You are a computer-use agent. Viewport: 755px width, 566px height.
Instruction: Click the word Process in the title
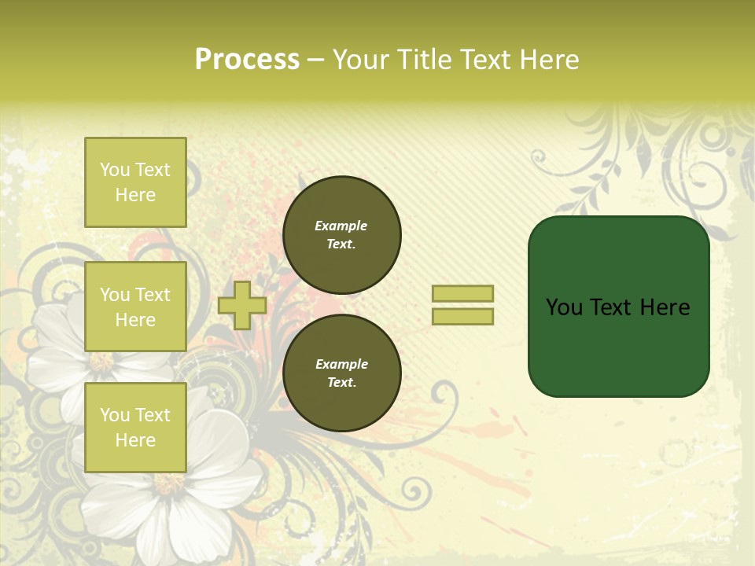click(x=247, y=60)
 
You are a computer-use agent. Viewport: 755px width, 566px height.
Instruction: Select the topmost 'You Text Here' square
click(x=135, y=182)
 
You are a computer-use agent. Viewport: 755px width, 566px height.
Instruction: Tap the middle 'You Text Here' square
click(x=135, y=307)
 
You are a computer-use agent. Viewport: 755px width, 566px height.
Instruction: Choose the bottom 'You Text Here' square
click(x=135, y=427)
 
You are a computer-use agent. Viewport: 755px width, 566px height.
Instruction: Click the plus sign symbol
click(x=241, y=305)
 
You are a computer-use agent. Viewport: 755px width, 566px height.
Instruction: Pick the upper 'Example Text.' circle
click(x=341, y=234)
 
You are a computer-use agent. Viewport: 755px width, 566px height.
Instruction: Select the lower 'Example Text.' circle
click(x=341, y=373)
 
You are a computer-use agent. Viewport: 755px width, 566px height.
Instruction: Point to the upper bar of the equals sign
click(x=462, y=293)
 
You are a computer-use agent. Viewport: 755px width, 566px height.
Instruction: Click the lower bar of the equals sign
click(x=462, y=316)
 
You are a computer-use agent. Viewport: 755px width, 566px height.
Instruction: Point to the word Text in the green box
click(x=611, y=307)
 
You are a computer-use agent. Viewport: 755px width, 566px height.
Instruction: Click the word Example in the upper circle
click(x=341, y=226)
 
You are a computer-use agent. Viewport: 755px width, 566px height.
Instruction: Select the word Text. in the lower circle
click(x=341, y=382)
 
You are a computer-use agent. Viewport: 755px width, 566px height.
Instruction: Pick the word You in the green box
click(x=565, y=307)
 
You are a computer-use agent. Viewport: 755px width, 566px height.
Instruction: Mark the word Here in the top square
click(x=135, y=195)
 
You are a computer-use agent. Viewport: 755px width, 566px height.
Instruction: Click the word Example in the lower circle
click(x=341, y=364)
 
